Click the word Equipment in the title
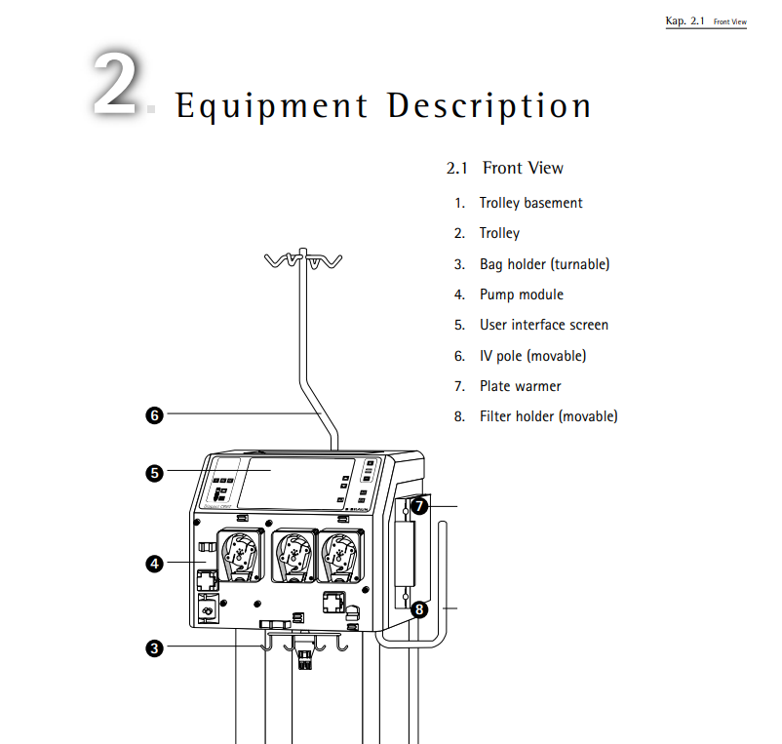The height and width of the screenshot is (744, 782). [x=271, y=105]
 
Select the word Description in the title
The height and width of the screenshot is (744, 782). [x=489, y=105]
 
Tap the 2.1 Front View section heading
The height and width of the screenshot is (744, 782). [x=505, y=168]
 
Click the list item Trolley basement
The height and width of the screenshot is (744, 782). [x=530, y=203]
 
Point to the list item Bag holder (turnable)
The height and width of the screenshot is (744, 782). [x=544, y=264]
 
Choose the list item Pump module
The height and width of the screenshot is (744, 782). [x=521, y=294]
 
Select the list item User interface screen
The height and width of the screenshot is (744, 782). [x=543, y=325]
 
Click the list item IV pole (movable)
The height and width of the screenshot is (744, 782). [x=532, y=356]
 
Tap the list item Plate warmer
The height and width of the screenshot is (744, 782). [x=520, y=386]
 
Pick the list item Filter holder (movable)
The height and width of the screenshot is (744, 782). [x=548, y=416]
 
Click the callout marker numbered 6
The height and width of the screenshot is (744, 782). [x=154, y=415]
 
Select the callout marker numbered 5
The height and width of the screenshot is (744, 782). [x=154, y=474]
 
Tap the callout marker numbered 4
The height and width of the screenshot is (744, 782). [x=154, y=563]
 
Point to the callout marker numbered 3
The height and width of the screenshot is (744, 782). [x=154, y=646]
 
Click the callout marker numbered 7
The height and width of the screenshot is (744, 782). [x=418, y=506]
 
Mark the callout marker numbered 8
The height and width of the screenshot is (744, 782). [x=418, y=610]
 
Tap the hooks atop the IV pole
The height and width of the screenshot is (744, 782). [x=303, y=260]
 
